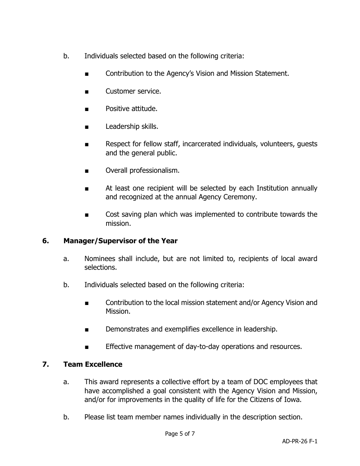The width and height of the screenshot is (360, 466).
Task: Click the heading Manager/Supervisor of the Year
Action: (120, 241)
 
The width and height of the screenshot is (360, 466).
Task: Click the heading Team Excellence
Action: (93, 364)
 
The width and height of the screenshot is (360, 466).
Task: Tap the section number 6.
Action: (45, 241)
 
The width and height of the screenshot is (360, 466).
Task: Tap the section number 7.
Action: (45, 364)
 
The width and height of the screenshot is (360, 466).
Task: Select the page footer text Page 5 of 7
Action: (180, 434)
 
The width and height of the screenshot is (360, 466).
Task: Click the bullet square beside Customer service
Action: (88, 92)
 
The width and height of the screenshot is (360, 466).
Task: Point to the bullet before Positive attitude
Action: (88, 109)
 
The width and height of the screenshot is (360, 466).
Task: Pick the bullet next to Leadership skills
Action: (88, 127)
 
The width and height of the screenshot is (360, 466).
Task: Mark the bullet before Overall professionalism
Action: (88, 171)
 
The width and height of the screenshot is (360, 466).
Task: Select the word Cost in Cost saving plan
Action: (112, 214)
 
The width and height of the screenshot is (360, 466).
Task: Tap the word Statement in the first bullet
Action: (273, 73)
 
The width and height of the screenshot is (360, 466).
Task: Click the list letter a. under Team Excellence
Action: (66, 382)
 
